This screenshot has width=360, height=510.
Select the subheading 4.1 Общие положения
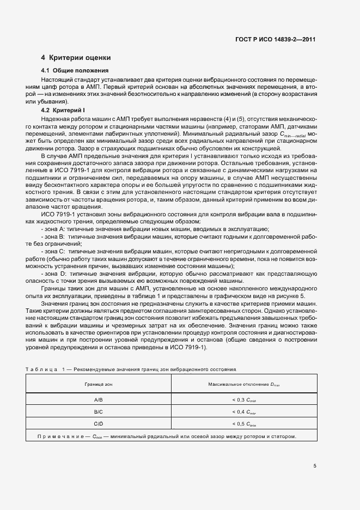pos(75,71)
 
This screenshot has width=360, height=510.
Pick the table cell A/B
pos(98,400)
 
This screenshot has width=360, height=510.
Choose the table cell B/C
pos(98,412)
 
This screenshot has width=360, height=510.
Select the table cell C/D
pos(98,424)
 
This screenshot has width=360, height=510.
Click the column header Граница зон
pos(98,384)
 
